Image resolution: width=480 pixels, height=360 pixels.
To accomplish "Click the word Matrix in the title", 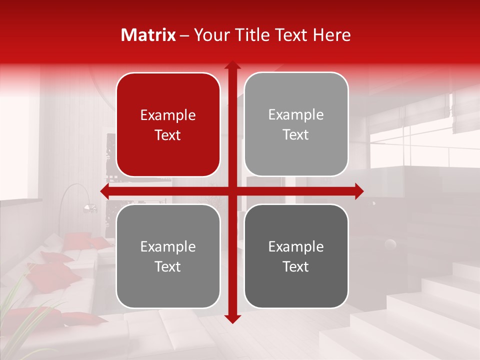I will coord(148,35).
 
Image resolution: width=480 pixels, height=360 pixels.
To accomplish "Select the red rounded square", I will coord(168,125).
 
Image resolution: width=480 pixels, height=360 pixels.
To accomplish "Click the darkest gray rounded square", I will coord(296,256).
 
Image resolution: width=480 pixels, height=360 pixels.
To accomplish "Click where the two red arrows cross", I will coord(232,191).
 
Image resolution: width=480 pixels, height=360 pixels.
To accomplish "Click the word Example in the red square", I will coord(168,115).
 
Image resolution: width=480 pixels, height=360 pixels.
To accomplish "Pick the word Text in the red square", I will coord(168,135).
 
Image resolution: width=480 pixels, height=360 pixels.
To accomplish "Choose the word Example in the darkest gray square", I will coord(296,246).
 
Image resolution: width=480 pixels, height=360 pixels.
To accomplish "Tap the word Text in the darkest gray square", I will coord(296,266).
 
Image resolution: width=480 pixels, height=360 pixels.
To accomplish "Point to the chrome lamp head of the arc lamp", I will coord(89,207).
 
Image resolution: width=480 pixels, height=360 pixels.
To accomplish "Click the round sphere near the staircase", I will coord(389,244).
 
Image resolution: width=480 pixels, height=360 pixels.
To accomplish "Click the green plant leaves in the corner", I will coord(20,300).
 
